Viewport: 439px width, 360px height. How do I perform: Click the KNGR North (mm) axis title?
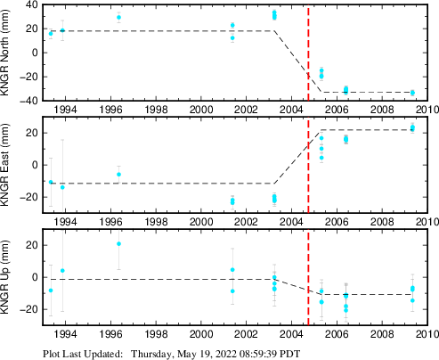[5, 53]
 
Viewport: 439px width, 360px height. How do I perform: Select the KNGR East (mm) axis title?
[5, 165]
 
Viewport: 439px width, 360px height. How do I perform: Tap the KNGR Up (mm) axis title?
[5, 277]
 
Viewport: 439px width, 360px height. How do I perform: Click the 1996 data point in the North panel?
[118, 17]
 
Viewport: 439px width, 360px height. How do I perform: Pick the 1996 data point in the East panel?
[118, 175]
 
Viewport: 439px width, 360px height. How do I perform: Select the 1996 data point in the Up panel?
[118, 244]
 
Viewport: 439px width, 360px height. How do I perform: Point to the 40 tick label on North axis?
[32, 5]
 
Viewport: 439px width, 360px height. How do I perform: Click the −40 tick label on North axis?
[28, 101]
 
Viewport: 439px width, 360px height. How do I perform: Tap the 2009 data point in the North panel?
[412, 93]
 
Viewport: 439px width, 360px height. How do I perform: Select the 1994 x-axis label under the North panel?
[66, 110]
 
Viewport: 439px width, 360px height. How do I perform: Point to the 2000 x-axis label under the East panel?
[201, 222]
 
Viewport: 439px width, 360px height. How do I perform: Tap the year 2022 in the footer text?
[226, 354]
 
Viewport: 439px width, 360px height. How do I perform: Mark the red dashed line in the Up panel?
[308, 277]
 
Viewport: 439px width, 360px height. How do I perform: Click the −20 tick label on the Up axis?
[28, 309]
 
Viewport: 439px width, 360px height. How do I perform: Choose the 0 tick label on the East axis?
[35, 165]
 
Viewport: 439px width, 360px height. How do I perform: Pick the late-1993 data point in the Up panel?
[62, 271]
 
